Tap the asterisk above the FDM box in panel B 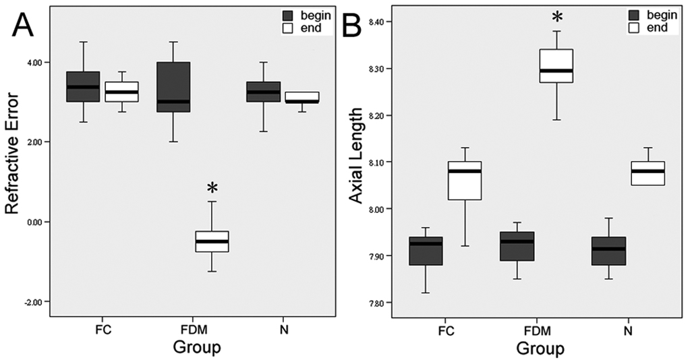[x=557, y=17]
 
